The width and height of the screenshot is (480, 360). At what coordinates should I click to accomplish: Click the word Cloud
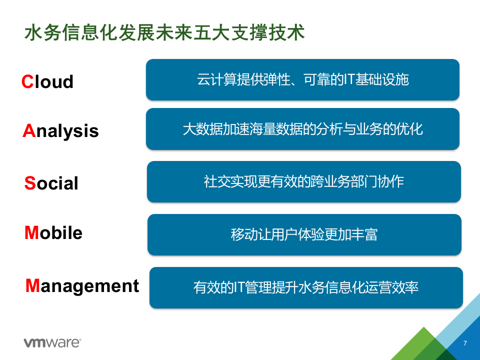tap(47, 81)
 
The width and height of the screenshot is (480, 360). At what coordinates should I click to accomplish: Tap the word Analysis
tap(60, 130)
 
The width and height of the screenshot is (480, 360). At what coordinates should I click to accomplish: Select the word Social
tap(51, 183)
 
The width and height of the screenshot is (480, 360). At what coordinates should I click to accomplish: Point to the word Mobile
tap(53, 233)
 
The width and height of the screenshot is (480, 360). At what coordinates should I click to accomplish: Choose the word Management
tap(82, 285)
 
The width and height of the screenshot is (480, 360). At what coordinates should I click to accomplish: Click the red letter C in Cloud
tap(27, 81)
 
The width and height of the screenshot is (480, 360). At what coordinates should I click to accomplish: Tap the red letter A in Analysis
tap(28, 130)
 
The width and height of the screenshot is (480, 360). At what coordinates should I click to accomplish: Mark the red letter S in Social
tap(30, 183)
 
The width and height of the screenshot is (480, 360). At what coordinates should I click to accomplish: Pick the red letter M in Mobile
tap(31, 233)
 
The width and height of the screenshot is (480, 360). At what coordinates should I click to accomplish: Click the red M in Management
tap(32, 285)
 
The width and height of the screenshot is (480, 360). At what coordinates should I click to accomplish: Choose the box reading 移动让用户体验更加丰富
tap(304, 234)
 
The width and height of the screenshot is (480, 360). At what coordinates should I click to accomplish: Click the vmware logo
tap(52, 342)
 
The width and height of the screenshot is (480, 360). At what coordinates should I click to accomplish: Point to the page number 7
tap(465, 343)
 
